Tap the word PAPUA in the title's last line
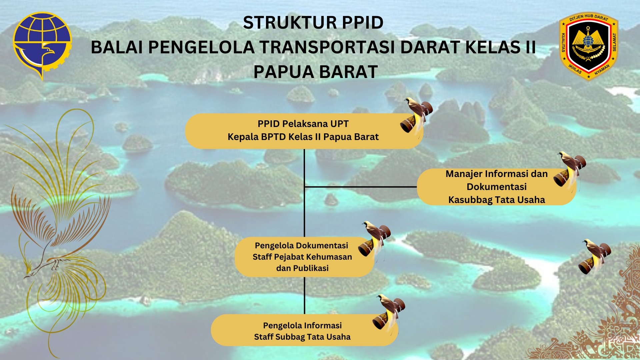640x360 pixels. pyautogui.click(x=284, y=72)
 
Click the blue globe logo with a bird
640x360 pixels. pyautogui.click(x=42, y=46)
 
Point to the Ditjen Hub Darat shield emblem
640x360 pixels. pyautogui.click(x=589, y=46)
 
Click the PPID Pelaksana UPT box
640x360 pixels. pyautogui.click(x=304, y=131)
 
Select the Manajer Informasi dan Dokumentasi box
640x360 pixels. pyautogui.click(x=497, y=187)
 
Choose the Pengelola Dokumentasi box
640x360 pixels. pyautogui.click(x=304, y=257)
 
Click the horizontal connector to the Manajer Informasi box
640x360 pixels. pyautogui.click(x=361, y=187)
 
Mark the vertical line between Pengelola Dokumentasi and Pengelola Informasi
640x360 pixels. pyautogui.click(x=305, y=295)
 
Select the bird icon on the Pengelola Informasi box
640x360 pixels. pyautogui.click(x=389, y=313)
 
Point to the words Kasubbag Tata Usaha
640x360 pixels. pyautogui.click(x=497, y=200)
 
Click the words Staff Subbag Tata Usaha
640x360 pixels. pyautogui.click(x=302, y=337)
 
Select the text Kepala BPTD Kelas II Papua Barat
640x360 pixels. pyautogui.click(x=303, y=137)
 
